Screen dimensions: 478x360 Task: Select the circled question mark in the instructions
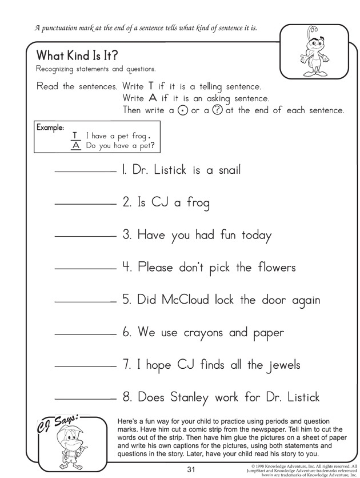point(217,110)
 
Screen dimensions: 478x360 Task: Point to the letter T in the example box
point(74,136)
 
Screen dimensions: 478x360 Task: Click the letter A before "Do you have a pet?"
point(74,145)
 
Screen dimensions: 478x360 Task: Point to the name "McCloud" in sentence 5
point(183,300)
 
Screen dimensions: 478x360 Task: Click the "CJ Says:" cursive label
point(57,423)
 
